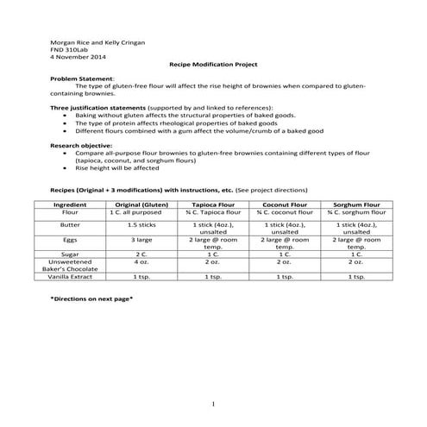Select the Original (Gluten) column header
[x=137, y=204]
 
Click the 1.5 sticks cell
[x=137, y=224]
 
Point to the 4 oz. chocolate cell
[x=137, y=262]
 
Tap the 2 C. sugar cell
[x=137, y=254]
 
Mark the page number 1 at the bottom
[x=212, y=405]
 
